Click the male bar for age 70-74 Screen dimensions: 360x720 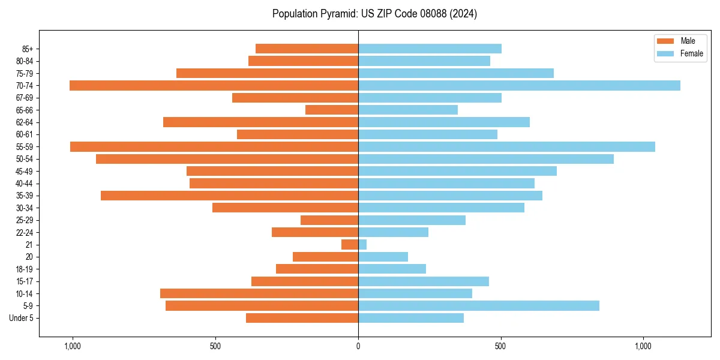point(214,85)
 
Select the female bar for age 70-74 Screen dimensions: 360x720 point(519,85)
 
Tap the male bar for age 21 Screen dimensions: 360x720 point(350,245)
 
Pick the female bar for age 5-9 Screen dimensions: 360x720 point(478,306)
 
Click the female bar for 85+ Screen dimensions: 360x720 point(430,49)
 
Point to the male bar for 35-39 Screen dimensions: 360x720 point(229,196)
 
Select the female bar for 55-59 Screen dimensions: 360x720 point(506,146)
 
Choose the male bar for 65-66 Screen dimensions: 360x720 point(332,110)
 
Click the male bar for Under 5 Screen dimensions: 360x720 point(302,318)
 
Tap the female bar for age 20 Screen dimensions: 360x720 point(383,257)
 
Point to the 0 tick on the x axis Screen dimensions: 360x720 point(358,346)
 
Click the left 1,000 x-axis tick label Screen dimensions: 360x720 point(72,346)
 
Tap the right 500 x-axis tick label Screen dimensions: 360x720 point(500,346)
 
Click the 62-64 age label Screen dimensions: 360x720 point(25,122)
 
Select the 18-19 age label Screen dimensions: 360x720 point(25,269)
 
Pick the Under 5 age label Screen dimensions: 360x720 point(22,318)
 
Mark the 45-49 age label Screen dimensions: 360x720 point(25,171)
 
